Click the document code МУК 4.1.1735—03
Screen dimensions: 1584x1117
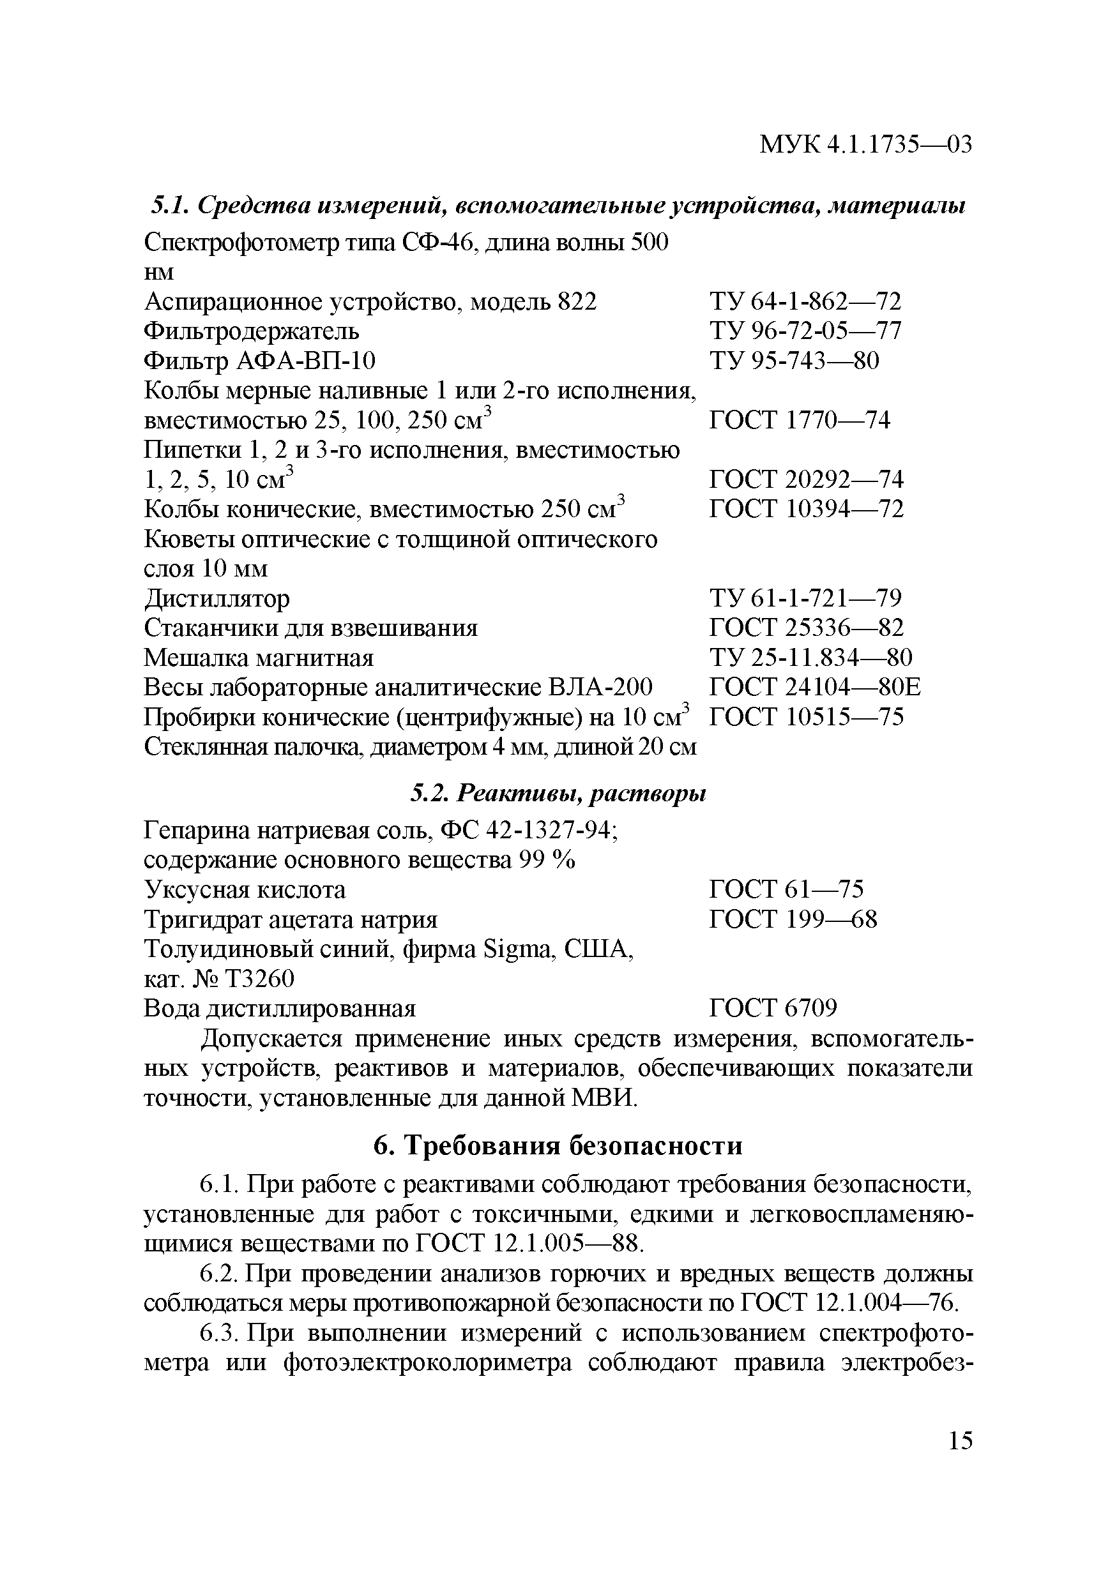pyautogui.click(x=865, y=144)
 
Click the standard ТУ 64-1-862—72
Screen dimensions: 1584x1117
pyautogui.click(x=805, y=301)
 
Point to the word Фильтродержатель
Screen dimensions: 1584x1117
pyautogui.click(x=251, y=331)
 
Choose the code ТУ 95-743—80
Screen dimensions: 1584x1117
pyautogui.click(x=793, y=361)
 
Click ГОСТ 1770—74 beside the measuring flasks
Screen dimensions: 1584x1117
pyautogui.click(x=799, y=420)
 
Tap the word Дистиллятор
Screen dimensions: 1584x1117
pyautogui.click(x=217, y=598)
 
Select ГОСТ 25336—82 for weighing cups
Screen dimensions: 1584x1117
pyautogui.click(x=806, y=628)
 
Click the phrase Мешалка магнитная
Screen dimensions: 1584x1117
pyautogui.click(x=258, y=658)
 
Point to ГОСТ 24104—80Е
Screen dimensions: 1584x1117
pyautogui.click(x=814, y=687)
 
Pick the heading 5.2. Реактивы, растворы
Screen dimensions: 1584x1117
pyautogui.click(x=558, y=794)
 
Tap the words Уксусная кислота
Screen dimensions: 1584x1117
pyautogui.click(x=244, y=890)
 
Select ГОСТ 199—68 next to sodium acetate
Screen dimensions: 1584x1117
pyautogui.click(x=793, y=919)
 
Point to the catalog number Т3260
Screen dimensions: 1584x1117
pyautogui.click(x=259, y=979)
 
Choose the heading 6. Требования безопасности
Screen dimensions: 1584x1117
pyautogui.click(x=558, y=1145)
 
